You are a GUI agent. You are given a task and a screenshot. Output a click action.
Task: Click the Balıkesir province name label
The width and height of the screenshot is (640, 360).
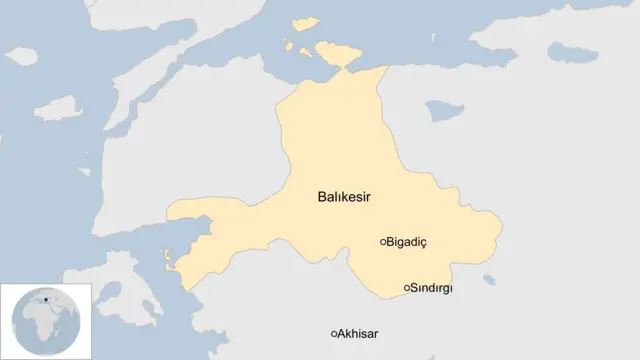(x=344, y=198)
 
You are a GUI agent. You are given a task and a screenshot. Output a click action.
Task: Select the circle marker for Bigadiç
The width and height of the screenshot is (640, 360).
(x=383, y=241)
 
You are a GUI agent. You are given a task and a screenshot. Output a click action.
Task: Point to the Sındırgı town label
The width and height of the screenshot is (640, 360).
(x=431, y=288)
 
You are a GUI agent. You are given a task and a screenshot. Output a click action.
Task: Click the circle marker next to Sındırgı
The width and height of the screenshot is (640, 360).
(x=406, y=288)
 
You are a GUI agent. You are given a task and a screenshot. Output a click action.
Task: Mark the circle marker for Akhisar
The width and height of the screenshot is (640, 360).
(x=334, y=333)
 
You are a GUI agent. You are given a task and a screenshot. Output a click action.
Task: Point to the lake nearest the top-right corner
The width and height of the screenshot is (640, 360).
(x=572, y=51)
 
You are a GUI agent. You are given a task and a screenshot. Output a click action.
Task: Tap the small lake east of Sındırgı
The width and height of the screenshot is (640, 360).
(x=489, y=280)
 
